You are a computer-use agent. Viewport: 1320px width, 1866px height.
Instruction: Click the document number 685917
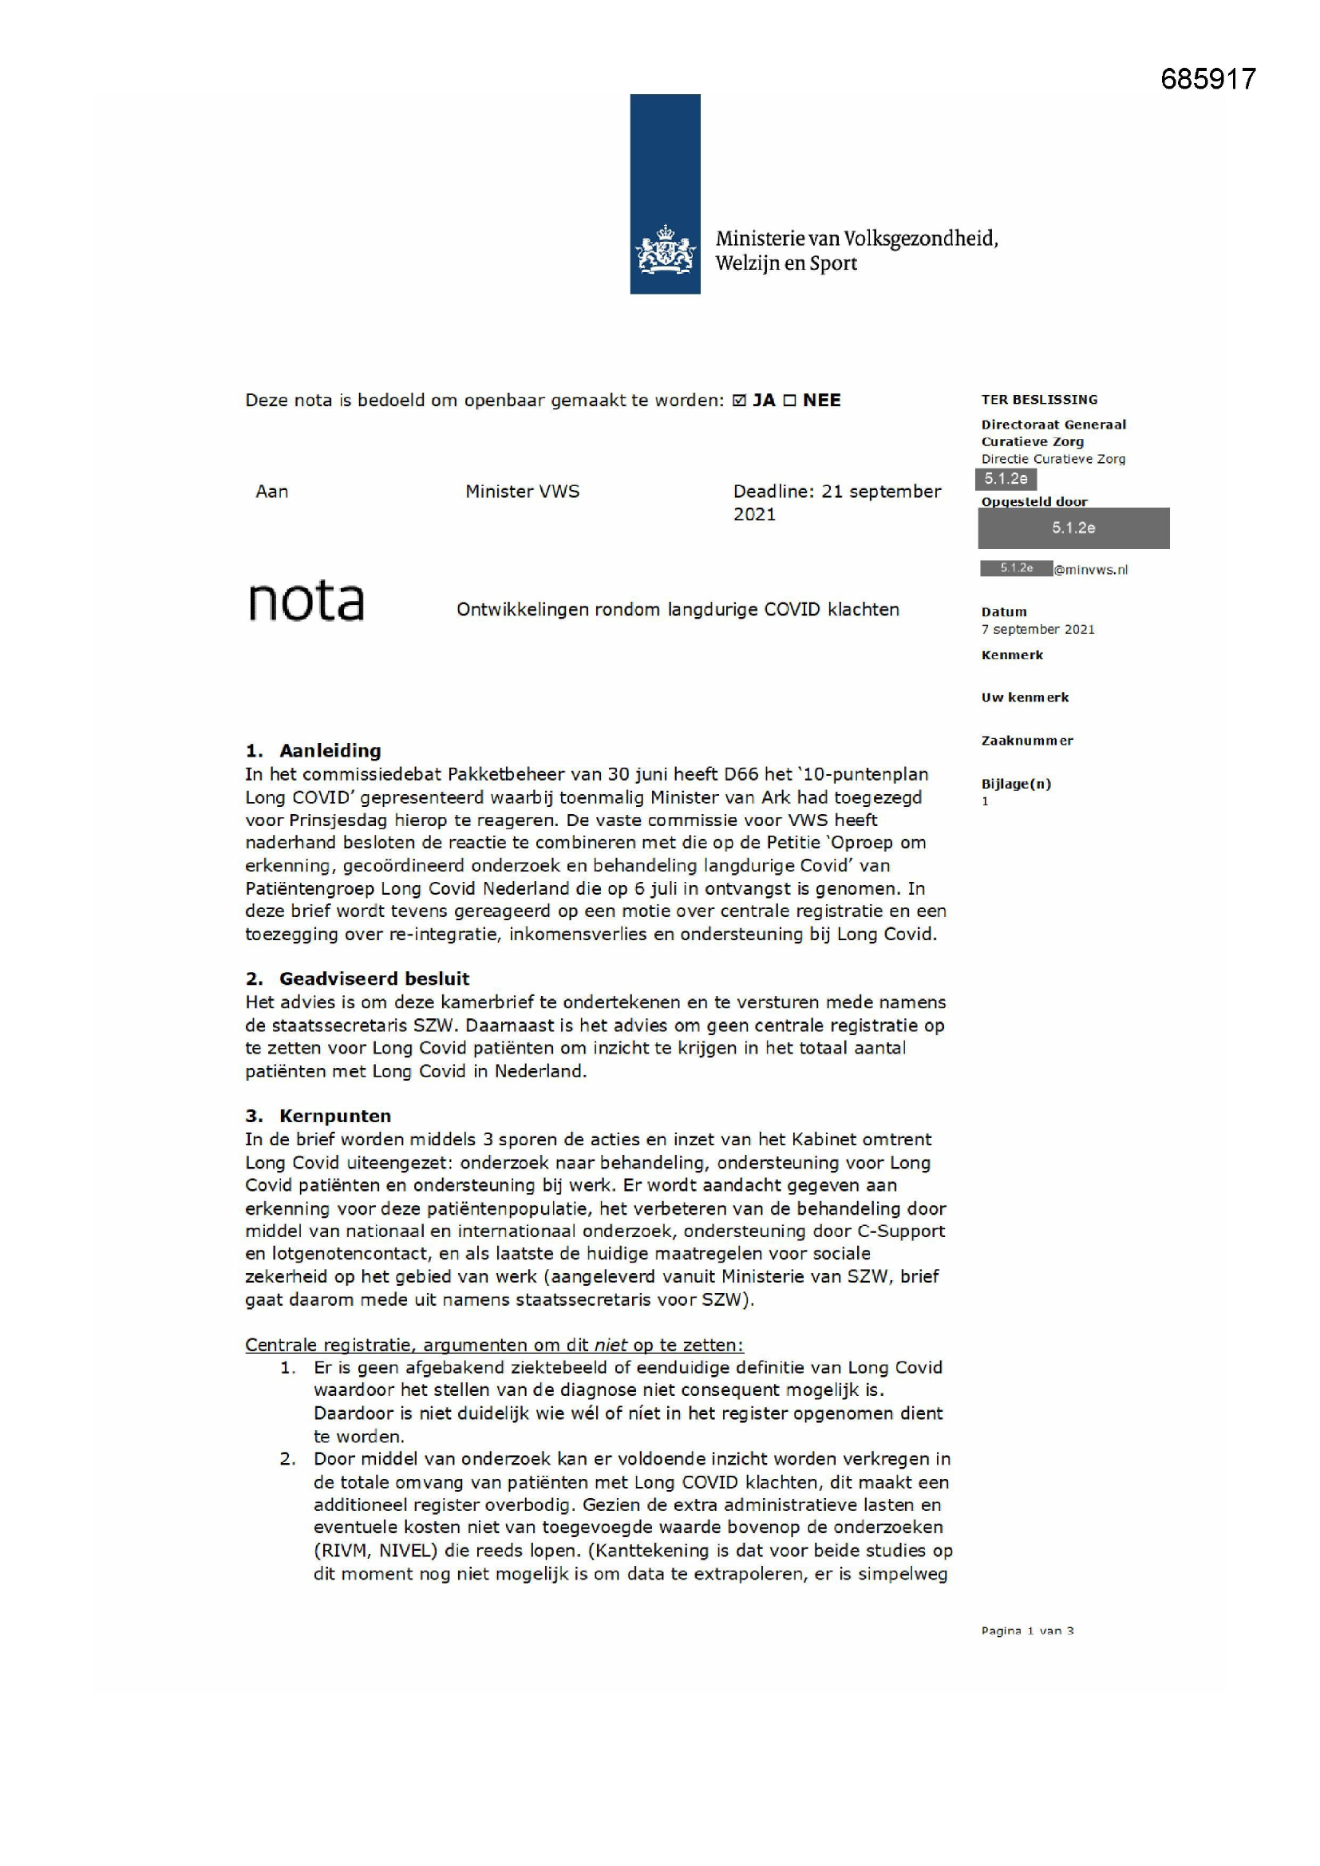(1207, 79)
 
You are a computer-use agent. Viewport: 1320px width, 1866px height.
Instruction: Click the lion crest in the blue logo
(665, 250)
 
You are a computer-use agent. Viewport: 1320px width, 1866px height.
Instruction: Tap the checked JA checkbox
(739, 401)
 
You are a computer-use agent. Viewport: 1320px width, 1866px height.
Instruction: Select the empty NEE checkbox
(789, 401)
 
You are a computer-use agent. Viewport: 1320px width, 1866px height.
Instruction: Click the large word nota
(306, 602)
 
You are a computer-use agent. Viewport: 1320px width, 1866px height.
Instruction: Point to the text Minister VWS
(522, 492)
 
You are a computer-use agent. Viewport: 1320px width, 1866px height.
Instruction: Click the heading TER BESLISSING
(1039, 400)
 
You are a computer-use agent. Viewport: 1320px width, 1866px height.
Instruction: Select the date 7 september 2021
(1037, 630)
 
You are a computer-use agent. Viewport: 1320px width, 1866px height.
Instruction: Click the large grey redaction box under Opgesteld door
(1073, 528)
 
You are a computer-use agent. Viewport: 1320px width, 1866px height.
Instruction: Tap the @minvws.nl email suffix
(1091, 571)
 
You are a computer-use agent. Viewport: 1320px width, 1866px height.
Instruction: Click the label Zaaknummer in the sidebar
(1026, 741)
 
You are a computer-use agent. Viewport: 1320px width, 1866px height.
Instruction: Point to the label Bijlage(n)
(1016, 785)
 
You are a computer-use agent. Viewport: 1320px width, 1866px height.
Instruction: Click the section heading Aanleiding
(330, 751)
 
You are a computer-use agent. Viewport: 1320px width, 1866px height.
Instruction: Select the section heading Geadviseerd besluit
(373, 979)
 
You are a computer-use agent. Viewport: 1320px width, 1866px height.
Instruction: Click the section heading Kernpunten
(335, 1117)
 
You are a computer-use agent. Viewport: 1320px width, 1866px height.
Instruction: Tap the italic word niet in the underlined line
(611, 1345)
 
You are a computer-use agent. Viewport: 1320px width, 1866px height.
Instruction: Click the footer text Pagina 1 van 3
(1026, 1631)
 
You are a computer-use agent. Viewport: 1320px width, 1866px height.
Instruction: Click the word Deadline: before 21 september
(773, 492)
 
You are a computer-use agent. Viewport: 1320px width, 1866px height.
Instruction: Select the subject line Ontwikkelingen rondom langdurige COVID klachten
(677, 610)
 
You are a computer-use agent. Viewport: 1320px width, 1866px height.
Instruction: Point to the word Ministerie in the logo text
(759, 239)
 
